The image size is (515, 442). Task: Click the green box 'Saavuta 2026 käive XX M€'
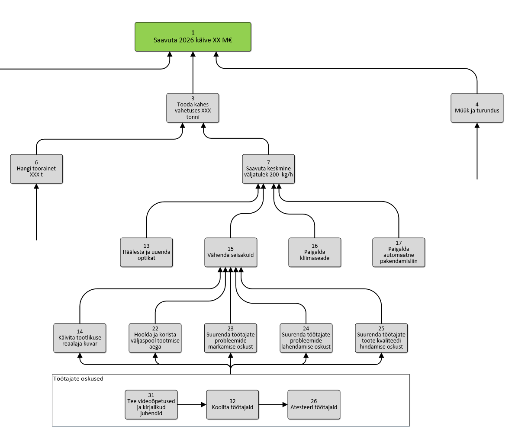point(193,37)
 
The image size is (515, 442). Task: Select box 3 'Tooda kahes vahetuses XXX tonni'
point(193,108)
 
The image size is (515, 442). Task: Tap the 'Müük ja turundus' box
point(477,108)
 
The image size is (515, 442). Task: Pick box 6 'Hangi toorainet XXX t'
point(36,169)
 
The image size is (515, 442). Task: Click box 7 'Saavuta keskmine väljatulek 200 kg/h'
point(268,169)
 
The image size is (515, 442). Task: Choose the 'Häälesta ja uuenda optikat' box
point(146,252)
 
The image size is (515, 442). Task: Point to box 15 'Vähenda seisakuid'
point(231,252)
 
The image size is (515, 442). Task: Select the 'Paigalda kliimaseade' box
point(315,252)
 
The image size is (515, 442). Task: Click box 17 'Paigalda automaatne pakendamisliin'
point(399,252)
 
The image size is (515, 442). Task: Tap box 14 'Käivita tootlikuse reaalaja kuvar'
point(80,338)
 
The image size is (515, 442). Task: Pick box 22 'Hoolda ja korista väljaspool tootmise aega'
point(155,338)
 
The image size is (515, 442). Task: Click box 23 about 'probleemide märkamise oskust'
point(231,338)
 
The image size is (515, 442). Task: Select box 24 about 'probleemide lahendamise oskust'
point(306,338)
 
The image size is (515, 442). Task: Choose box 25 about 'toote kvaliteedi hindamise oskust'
point(381,338)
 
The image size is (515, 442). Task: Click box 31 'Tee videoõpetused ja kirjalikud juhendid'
point(151,404)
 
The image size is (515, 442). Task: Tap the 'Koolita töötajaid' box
point(232,404)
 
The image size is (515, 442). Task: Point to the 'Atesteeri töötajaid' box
point(314,404)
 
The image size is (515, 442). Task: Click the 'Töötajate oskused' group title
point(78,379)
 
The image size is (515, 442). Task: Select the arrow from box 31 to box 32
point(192,405)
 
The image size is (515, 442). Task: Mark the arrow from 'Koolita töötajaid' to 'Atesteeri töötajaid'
point(273,405)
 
